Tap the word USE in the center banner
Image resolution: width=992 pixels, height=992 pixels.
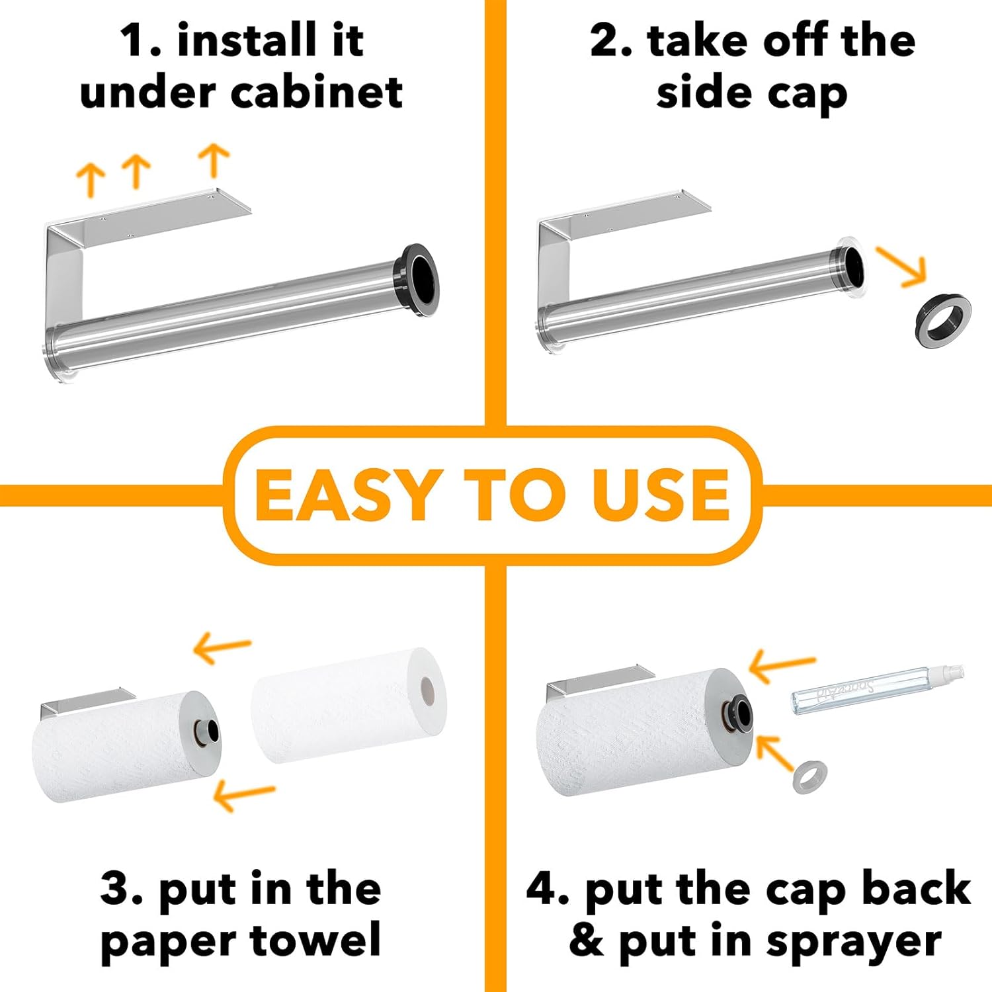point(661,495)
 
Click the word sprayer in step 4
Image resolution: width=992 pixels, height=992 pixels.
point(854,942)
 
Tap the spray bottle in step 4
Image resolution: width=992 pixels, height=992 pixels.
point(878,689)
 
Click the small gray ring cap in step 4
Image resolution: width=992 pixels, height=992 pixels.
point(810,778)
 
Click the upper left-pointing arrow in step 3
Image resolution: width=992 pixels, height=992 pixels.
point(222,647)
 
